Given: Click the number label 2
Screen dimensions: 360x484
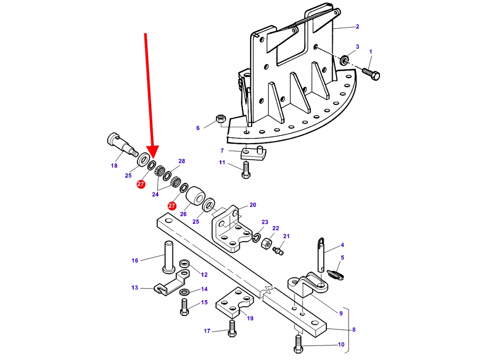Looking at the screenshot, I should [357, 27].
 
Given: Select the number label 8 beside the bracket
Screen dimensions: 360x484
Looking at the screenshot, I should [354, 329].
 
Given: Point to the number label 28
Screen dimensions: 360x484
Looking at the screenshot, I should [181, 161].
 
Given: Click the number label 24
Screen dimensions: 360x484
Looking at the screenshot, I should [155, 194].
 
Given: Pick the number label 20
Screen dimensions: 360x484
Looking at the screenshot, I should [253, 205].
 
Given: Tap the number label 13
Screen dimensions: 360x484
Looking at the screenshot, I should [135, 288].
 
